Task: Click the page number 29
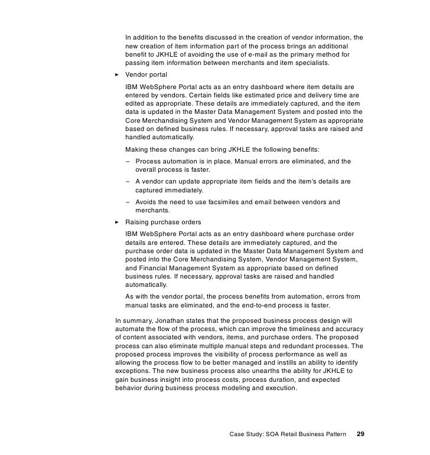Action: click(360, 434)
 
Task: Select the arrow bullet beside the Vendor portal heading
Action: click(117, 75)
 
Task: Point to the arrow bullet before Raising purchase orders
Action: click(117, 222)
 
